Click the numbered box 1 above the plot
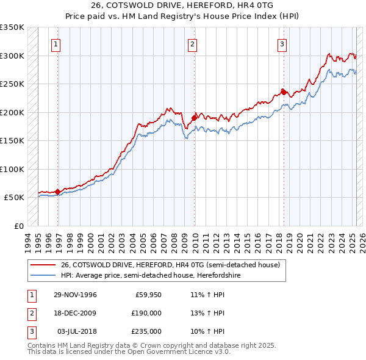pos(56,44)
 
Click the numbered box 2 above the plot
pos(192,44)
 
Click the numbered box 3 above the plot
pos(282,44)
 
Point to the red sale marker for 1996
pos(58,192)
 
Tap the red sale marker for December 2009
pos(195,118)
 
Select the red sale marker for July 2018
pos(284,92)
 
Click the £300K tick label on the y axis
pos(12,56)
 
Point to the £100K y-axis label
pos(12,169)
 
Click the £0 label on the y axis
pos(18,226)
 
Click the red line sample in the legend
pos(43,265)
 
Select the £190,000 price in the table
pos(146,312)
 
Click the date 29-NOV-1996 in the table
pos(74,294)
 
